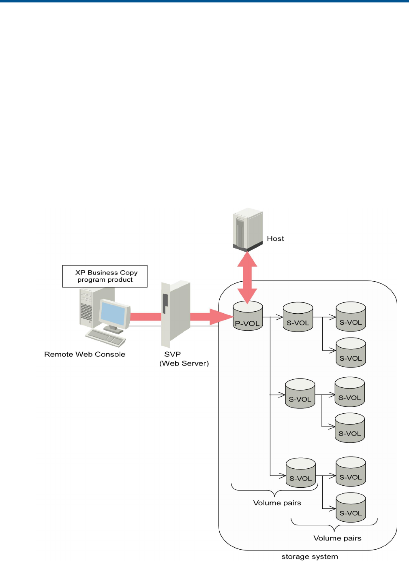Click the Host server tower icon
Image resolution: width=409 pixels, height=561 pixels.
248,229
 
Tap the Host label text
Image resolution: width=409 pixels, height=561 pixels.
275,239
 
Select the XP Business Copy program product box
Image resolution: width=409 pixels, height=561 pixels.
105,276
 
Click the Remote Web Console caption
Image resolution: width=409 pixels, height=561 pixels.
85,354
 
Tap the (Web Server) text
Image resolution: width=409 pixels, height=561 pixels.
184,363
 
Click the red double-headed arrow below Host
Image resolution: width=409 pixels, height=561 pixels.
247,277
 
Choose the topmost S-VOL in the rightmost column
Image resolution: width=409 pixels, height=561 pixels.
351,317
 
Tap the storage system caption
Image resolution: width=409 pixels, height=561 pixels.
309,557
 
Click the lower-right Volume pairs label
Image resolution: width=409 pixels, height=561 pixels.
337,538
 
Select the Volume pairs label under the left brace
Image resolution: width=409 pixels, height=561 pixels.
277,503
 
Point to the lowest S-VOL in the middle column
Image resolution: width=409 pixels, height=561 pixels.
300,472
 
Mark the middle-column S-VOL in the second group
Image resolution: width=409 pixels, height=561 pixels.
300,393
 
